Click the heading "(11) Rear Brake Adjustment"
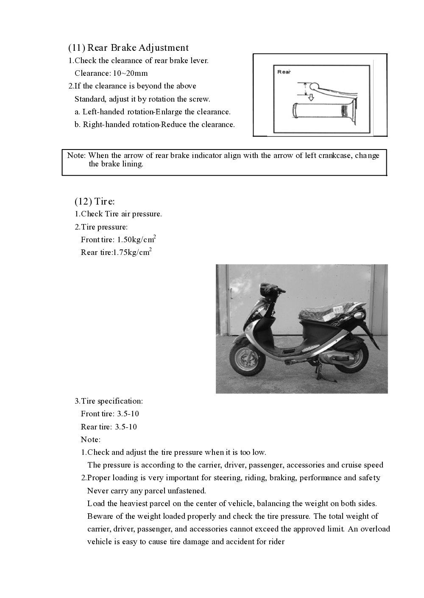point(128,47)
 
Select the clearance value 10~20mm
point(130,73)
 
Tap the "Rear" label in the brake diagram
point(284,72)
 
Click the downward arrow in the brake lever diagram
point(311,98)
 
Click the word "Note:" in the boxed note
point(76,155)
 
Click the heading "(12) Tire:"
point(95,201)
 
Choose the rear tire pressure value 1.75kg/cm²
point(132,253)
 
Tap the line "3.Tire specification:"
point(109,401)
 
